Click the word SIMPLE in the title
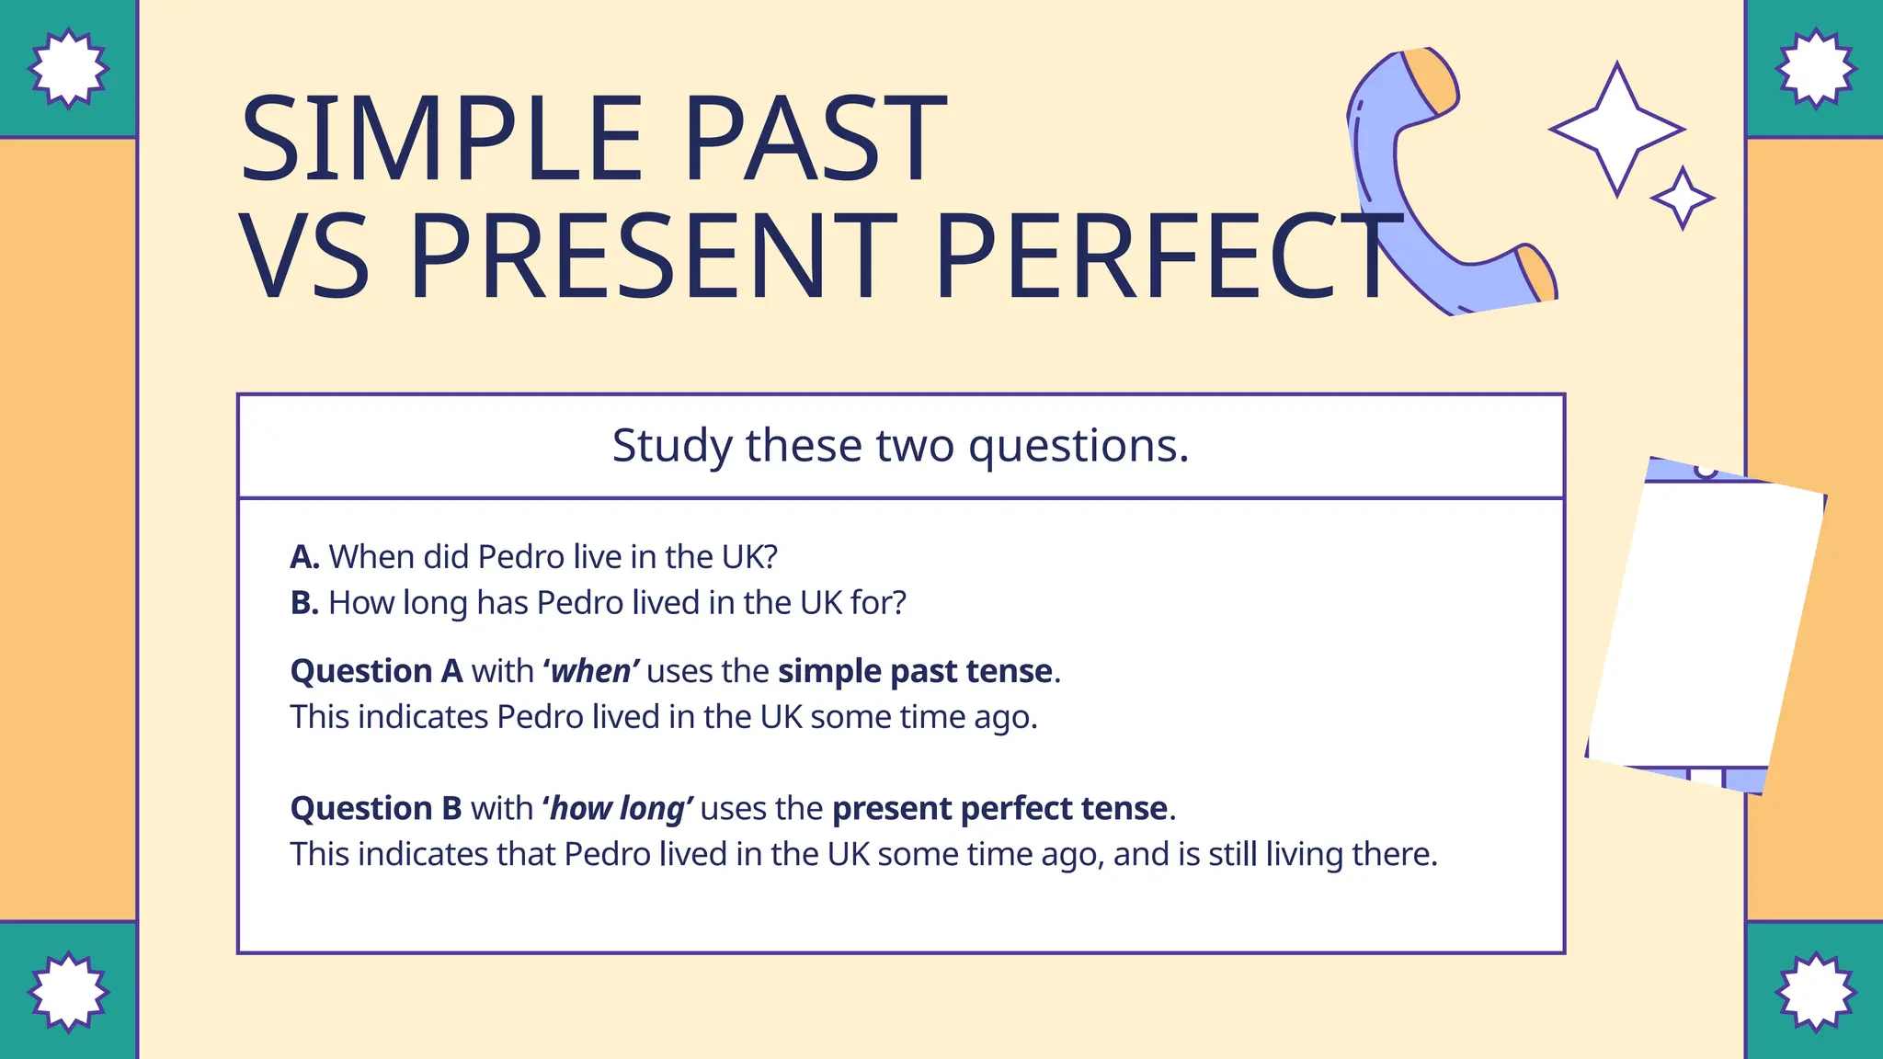click(440, 140)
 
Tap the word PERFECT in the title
click(1168, 256)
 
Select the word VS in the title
click(304, 256)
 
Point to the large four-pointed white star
click(1616, 130)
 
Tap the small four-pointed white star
click(1683, 198)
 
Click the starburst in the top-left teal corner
click(68, 68)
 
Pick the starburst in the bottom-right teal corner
click(1815, 992)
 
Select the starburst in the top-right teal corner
click(1815, 68)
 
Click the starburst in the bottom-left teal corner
click(68, 992)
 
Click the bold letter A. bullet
click(305, 557)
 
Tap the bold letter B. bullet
click(305, 603)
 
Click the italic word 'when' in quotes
click(590, 672)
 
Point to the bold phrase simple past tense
click(915, 672)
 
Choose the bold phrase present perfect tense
click(999, 809)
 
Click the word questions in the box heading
click(1078, 447)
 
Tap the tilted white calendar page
click(1706, 625)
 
